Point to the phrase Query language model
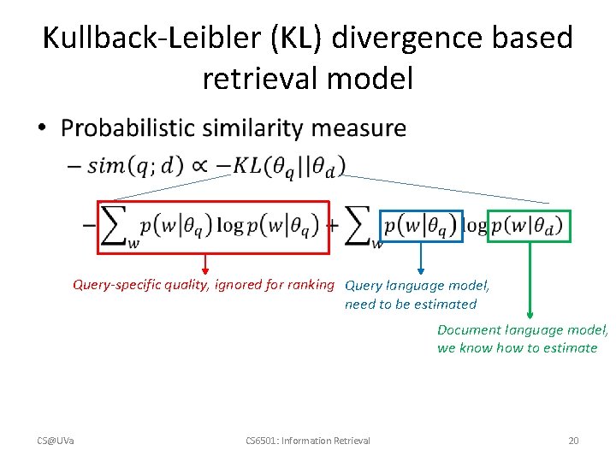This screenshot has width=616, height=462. tap(417, 286)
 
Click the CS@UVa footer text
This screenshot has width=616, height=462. tap(56, 441)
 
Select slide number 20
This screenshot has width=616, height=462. tap(573, 441)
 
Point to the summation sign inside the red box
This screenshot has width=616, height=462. tap(118, 226)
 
